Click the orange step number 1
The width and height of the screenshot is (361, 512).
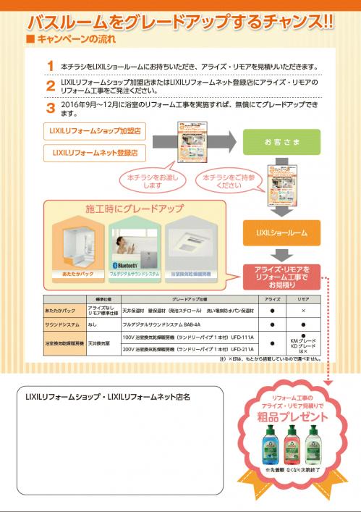(50, 67)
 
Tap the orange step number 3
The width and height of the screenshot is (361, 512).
(50, 108)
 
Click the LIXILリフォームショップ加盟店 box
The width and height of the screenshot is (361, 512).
(95, 132)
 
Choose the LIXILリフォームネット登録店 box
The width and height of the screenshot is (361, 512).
(95, 153)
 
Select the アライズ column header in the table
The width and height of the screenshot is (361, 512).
(272, 298)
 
